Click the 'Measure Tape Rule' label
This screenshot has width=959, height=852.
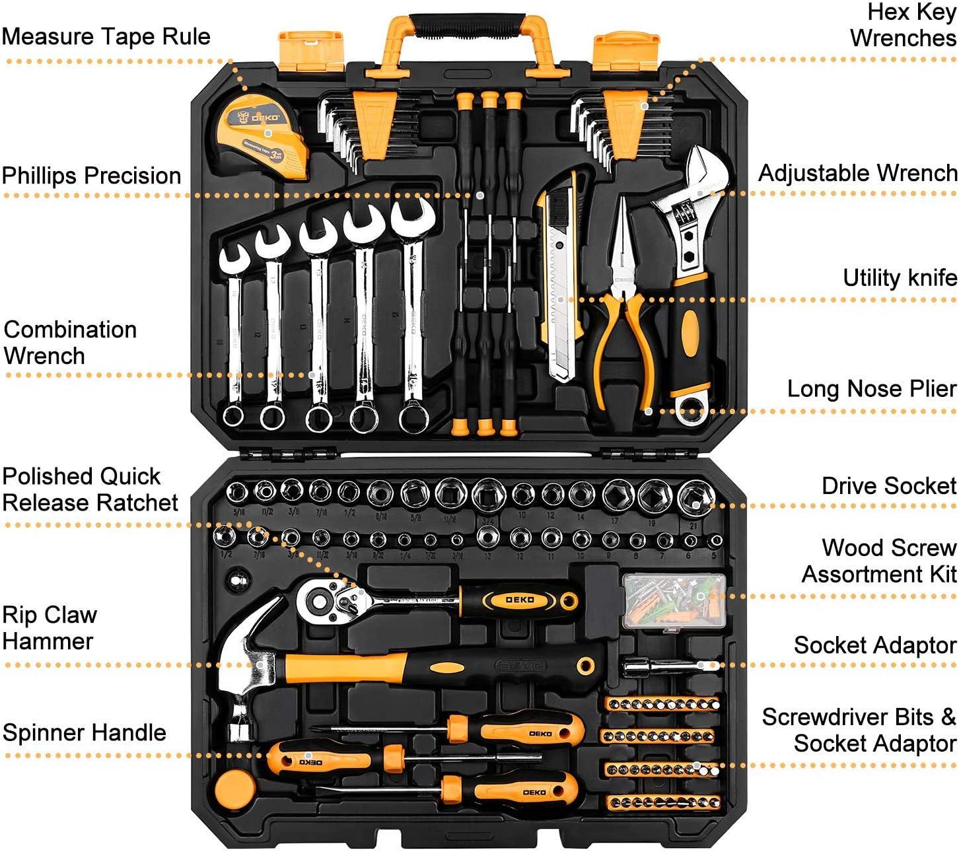point(106,36)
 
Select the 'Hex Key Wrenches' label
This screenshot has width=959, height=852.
point(903,25)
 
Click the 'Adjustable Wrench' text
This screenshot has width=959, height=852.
point(857,174)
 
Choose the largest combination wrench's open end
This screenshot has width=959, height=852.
point(412,218)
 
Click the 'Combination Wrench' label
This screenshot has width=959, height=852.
point(69,343)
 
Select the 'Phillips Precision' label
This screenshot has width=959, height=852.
point(91,176)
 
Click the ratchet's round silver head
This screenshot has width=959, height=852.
point(322,600)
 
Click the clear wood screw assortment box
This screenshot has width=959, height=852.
point(674,601)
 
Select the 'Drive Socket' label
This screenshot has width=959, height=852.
point(888,486)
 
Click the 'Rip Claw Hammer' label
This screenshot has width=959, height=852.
point(50,628)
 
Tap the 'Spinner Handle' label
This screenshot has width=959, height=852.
point(84,732)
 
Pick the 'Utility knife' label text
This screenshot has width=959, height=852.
point(900,278)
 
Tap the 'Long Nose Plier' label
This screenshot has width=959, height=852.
point(871,389)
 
